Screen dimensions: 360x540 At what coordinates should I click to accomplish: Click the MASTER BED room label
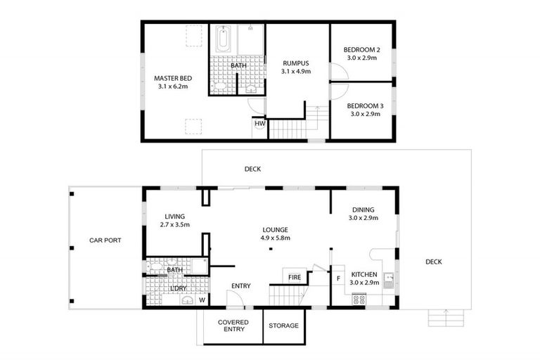(x=173, y=78)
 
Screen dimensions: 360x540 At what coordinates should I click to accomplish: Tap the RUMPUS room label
(x=295, y=63)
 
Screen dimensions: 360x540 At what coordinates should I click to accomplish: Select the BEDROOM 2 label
(x=362, y=50)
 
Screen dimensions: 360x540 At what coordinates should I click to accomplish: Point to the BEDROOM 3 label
(x=366, y=106)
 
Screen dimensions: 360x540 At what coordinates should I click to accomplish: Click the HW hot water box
(x=259, y=124)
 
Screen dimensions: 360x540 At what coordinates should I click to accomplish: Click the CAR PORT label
(x=105, y=240)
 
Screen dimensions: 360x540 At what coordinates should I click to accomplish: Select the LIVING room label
(x=174, y=217)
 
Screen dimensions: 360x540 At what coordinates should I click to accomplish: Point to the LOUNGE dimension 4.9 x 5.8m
(x=275, y=238)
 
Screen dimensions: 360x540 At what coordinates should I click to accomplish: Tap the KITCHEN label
(x=364, y=274)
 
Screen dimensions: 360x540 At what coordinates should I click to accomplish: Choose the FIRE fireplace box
(x=295, y=277)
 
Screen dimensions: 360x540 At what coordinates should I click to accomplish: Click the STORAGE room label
(x=284, y=326)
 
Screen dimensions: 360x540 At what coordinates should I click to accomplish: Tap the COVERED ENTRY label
(x=233, y=325)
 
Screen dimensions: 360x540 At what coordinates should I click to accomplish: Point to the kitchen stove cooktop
(x=359, y=300)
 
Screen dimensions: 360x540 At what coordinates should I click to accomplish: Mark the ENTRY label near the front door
(x=241, y=285)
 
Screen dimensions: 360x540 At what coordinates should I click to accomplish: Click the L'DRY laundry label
(x=178, y=288)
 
